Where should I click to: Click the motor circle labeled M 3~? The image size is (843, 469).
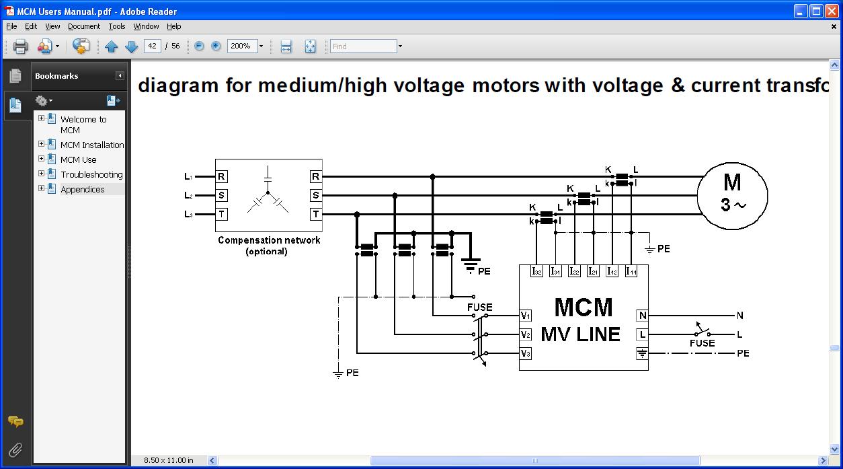pos(732,195)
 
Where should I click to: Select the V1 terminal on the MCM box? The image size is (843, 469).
pos(526,315)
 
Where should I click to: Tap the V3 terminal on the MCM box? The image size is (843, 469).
pos(526,353)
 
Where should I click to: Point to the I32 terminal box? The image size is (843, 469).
pos(536,271)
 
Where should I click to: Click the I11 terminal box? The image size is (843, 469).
pos(631,271)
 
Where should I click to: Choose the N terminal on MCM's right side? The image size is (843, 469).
pos(642,315)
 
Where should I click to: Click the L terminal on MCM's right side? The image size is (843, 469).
pos(642,334)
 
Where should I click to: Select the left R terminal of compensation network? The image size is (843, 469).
pos(221,176)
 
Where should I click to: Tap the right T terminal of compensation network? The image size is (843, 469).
pos(315,214)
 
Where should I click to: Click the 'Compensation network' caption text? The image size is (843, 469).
pos(269,240)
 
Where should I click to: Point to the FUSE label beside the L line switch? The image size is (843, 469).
pos(702,343)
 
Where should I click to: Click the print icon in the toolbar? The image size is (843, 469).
pos(20,46)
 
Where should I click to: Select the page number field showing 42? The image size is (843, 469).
pos(153,46)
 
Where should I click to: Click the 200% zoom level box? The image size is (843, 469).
pos(242,46)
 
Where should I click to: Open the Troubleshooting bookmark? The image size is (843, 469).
pos(91,174)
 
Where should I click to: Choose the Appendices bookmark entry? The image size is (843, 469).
pos(82,189)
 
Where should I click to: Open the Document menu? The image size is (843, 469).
pos(84,26)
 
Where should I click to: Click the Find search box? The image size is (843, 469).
pos(363,46)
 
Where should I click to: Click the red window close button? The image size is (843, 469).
pos(830,11)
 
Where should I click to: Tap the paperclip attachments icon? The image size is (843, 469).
pos(15,449)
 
